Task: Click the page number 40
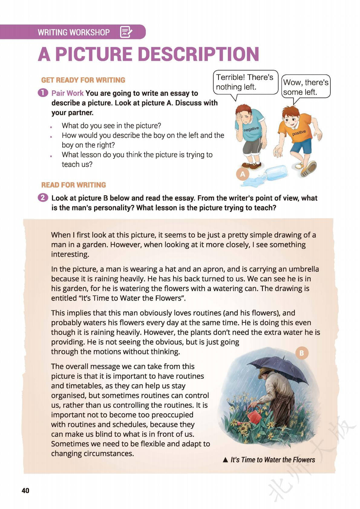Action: click(x=25, y=490)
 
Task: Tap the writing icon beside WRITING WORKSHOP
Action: click(x=126, y=32)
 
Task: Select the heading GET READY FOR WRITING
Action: click(x=83, y=80)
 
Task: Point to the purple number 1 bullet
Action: click(x=43, y=93)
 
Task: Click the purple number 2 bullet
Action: click(x=43, y=198)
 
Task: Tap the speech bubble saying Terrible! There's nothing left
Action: click(x=245, y=82)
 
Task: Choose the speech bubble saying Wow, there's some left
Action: click(x=306, y=87)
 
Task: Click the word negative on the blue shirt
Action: click(x=251, y=129)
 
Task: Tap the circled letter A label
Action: click(x=242, y=174)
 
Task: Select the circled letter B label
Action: click(x=301, y=353)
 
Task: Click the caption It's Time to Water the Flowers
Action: click(x=272, y=460)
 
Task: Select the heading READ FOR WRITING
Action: click(x=74, y=185)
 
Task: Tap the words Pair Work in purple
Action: click(x=67, y=93)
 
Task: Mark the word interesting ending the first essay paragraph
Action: click(x=70, y=254)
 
